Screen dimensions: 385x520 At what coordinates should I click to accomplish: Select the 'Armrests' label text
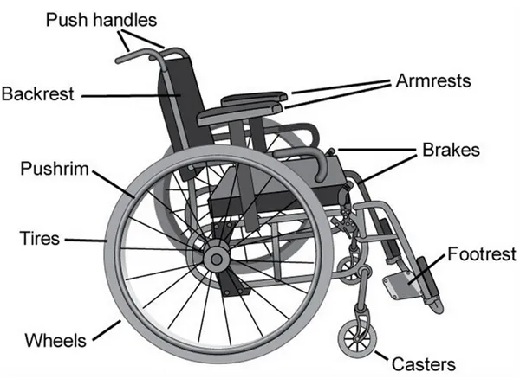[432, 81]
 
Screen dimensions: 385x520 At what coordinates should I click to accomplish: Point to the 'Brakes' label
[450, 149]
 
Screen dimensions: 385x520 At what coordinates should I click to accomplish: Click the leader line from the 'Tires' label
[84, 240]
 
